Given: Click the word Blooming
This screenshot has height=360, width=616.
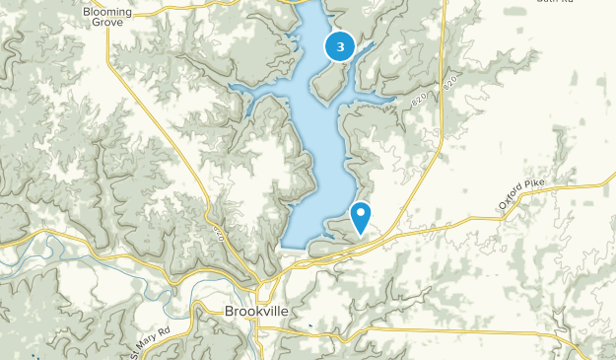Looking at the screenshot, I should tap(108, 12).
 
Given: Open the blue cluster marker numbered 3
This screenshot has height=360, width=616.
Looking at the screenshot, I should tap(340, 45).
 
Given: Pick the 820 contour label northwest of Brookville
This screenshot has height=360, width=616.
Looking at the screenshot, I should tap(217, 235).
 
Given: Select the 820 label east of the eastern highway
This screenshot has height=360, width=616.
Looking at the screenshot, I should tap(452, 83).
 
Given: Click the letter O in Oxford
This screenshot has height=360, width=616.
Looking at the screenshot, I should tap(502, 208).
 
